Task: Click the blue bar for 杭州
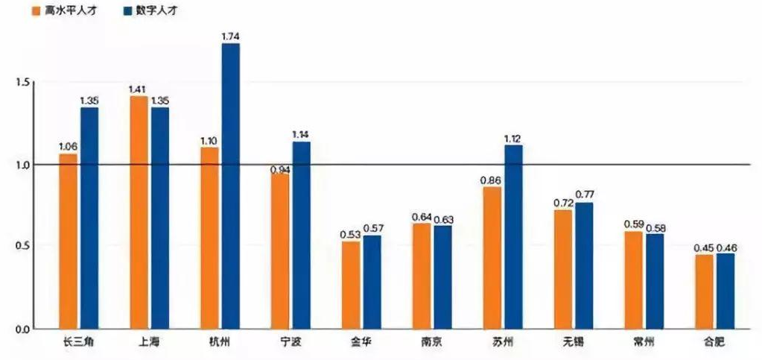tap(231, 186)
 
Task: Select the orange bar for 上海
tap(139, 212)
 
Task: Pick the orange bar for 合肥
tap(704, 291)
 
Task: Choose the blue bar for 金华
tap(372, 282)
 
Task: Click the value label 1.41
tap(137, 89)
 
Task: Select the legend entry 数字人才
tap(156, 11)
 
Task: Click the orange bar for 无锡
tap(563, 269)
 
